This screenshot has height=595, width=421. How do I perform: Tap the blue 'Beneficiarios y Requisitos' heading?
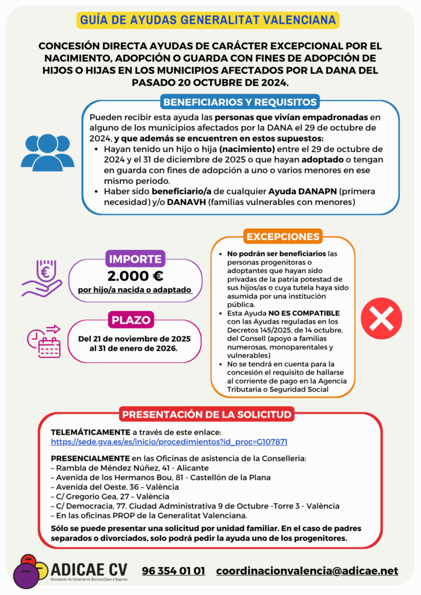click(x=240, y=102)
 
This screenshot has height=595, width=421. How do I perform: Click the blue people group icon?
click(x=47, y=152)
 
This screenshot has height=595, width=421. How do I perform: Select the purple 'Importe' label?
click(x=135, y=259)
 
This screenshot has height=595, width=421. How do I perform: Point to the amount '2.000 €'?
click(x=135, y=275)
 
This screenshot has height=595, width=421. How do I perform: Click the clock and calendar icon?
click(x=43, y=340)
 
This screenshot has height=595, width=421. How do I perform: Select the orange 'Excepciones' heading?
click(x=283, y=236)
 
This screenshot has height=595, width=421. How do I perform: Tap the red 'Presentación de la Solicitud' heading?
click(x=206, y=414)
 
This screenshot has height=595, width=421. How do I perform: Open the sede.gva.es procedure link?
click(x=169, y=442)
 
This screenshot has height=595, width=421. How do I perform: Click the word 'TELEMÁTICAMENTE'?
click(x=90, y=432)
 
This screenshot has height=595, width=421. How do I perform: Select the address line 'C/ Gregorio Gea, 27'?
click(x=110, y=496)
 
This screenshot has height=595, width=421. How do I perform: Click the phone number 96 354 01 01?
click(x=173, y=571)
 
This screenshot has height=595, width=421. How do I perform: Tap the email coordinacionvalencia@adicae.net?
click(x=307, y=571)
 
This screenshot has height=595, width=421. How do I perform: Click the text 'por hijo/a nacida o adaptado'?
click(x=135, y=290)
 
